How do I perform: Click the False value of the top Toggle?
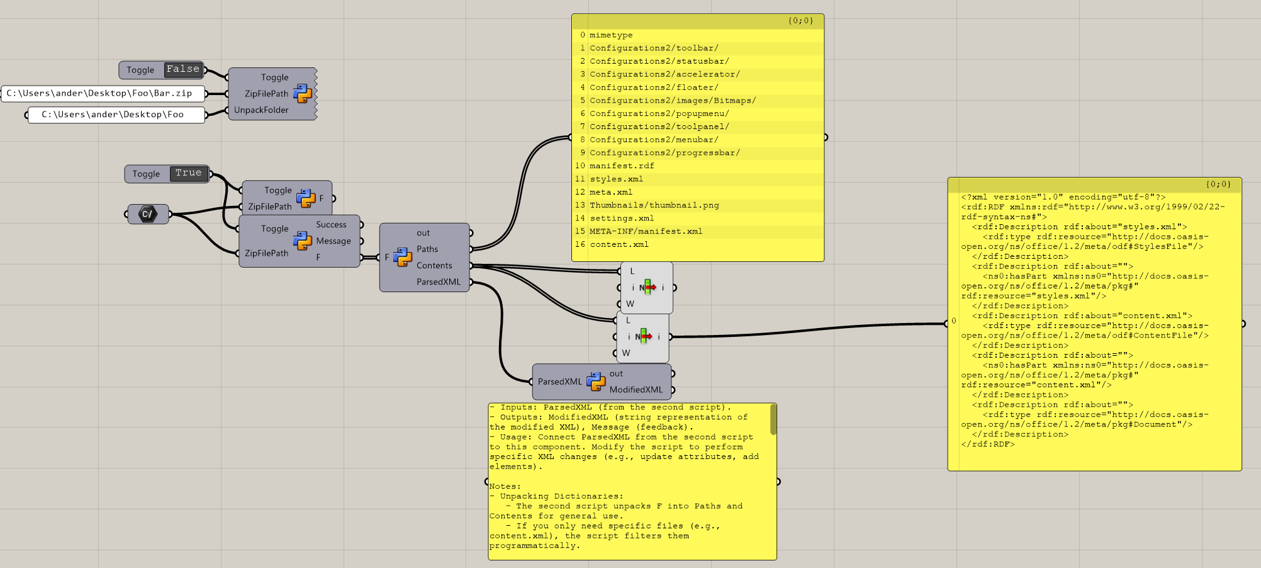pos(182,69)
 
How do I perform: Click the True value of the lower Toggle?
pos(189,173)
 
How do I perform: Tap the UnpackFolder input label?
pos(261,110)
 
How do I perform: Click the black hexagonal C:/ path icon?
pos(147,214)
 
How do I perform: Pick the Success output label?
pos(331,225)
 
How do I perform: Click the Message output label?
pos(333,241)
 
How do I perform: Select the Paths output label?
pos(427,249)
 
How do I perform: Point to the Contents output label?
pos(434,266)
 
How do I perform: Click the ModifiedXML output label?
pos(636,390)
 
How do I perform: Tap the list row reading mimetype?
pos(611,35)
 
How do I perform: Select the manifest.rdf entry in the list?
pos(622,166)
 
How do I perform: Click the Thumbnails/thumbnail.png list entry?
pos(654,205)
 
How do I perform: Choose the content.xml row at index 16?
pos(619,244)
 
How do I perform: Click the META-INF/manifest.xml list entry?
pos(646,232)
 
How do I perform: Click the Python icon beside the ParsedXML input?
pos(595,381)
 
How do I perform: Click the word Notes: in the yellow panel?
pos(505,487)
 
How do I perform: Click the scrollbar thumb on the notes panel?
pos(773,419)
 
